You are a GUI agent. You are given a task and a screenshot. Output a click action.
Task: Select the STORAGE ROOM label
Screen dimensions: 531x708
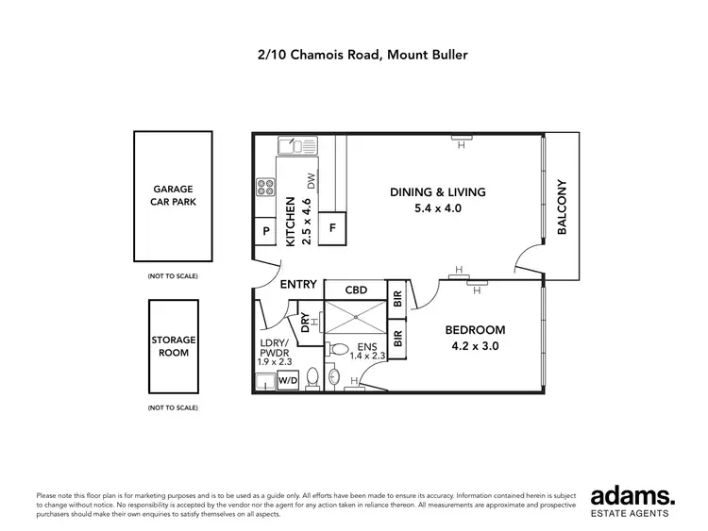tap(173, 346)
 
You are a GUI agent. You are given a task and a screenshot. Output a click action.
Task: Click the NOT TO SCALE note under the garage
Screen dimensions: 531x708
tap(173, 276)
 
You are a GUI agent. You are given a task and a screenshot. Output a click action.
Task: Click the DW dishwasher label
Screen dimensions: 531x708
tap(310, 182)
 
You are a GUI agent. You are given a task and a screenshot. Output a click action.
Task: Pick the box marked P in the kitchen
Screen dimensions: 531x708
tap(266, 232)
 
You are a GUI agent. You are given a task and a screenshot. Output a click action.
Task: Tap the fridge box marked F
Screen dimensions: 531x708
tap(332, 228)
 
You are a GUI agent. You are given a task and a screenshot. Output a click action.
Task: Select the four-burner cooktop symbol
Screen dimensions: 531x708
tap(265, 187)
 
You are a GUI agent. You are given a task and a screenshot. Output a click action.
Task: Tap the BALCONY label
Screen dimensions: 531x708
tap(561, 207)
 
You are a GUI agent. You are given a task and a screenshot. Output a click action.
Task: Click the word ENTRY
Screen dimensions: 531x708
tap(298, 285)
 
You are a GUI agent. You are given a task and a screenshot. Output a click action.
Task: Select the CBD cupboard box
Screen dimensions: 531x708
tap(356, 290)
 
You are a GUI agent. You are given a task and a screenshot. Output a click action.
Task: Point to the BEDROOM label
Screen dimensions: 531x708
tap(476, 330)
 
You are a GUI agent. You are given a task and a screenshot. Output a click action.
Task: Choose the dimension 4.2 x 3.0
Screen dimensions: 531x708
tap(476, 346)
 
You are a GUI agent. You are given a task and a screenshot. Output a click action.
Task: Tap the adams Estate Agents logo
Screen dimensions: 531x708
tap(631, 500)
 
